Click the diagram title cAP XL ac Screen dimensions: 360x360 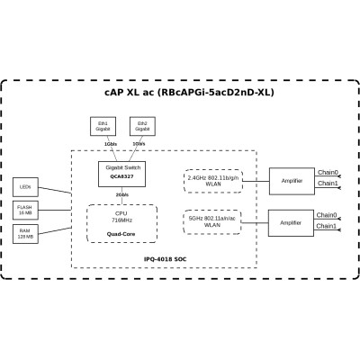[x=189, y=94]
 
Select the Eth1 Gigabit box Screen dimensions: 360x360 [x=104, y=126]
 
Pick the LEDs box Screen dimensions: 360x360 [x=26, y=187]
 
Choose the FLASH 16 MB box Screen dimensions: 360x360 [x=26, y=209]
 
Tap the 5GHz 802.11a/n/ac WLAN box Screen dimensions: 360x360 [x=212, y=220]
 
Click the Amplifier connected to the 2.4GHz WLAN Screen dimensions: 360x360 [x=291, y=181]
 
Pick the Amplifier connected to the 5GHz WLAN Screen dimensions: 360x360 [x=291, y=222]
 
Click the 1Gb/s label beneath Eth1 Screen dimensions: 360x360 [x=109, y=143]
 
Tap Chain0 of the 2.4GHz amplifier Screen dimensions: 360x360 [x=328, y=172]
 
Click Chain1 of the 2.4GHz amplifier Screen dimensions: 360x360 [x=328, y=184]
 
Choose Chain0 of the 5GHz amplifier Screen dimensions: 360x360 [x=328, y=215]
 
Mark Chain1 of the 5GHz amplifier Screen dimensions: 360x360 [x=328, y=227]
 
